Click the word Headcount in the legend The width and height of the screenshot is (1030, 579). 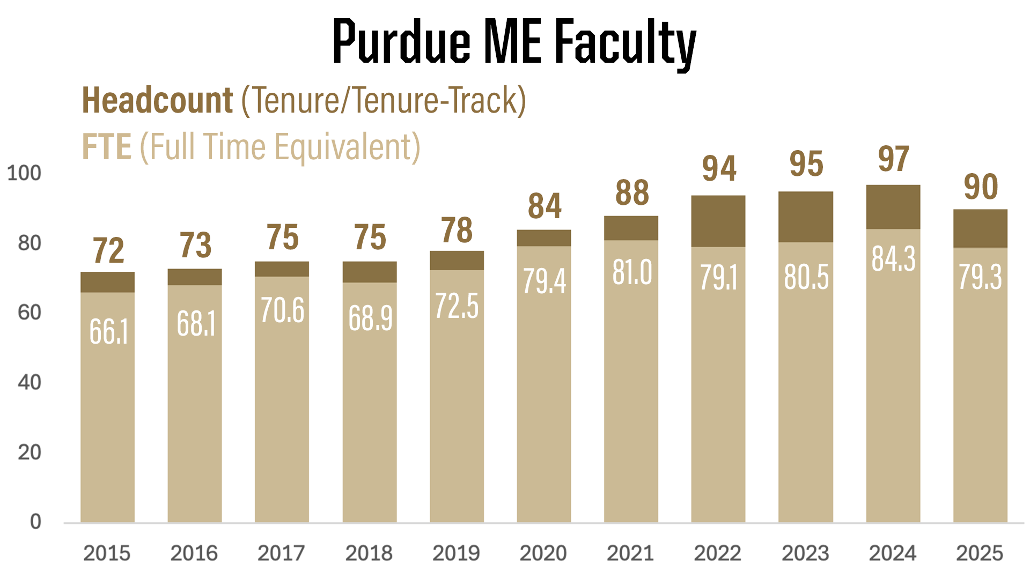(x=157, y=101)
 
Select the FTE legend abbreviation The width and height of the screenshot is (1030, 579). (x=107, y=147)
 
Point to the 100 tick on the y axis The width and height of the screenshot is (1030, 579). (x=24, y=173)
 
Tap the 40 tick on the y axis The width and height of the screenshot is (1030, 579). (x=30, y=382)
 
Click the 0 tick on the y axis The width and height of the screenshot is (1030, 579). (x=35, y=521)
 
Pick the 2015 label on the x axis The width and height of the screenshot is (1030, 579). (x=107, y=553)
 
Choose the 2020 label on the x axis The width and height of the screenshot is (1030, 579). (x=543, y=553)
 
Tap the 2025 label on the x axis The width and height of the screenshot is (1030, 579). (x=980, y=553)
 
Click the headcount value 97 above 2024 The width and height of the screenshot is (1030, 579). (x=893, y=159)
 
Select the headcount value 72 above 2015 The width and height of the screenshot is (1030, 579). (x=108, y=250)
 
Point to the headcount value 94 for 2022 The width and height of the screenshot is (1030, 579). (x=719, y=169)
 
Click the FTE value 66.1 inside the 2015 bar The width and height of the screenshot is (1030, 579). (x=108, y=331)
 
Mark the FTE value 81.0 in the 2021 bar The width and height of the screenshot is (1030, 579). (x=632, y=272)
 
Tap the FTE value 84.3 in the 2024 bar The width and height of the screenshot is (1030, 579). (x=893, y=259)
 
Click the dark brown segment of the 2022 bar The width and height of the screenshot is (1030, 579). (x=718, y=221)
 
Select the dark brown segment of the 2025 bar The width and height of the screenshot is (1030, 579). (x=980, y=228)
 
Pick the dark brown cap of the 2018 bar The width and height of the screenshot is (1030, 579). (x=370, y=272)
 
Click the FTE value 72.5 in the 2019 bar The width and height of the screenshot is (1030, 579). (x=457, y=306)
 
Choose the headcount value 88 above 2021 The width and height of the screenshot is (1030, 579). (x=632, y=193)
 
